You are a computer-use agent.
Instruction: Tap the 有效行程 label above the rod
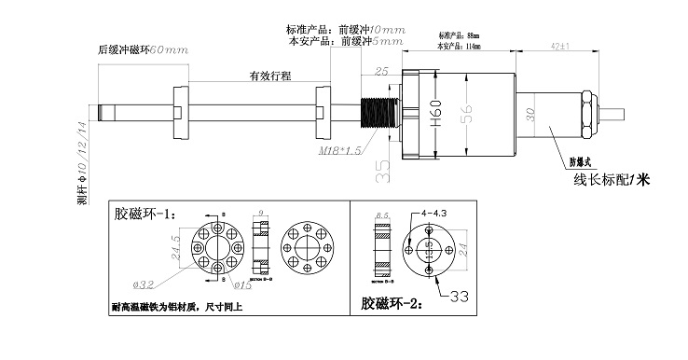click(269, 75)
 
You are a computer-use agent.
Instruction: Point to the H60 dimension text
click(435, 114)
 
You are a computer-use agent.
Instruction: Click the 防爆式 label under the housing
click(582, 159)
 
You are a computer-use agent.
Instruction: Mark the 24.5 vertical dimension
click(173, 251)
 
